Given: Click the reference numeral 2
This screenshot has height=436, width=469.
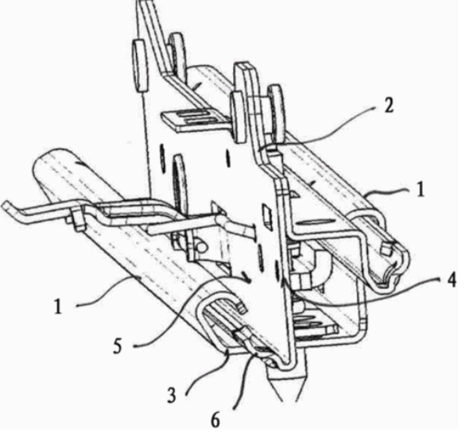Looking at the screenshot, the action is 388,105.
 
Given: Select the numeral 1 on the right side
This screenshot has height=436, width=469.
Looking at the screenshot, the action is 421,189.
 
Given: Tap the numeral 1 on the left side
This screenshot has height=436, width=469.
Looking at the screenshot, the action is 58,307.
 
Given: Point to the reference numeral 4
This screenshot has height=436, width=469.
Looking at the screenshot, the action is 452,281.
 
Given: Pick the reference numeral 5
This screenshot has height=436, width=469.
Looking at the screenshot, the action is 118,346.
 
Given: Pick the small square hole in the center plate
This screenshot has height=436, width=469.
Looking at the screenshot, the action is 266,214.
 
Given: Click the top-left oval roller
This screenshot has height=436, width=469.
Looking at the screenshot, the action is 140,65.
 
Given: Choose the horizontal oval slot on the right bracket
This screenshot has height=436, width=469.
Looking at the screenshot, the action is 315,222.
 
